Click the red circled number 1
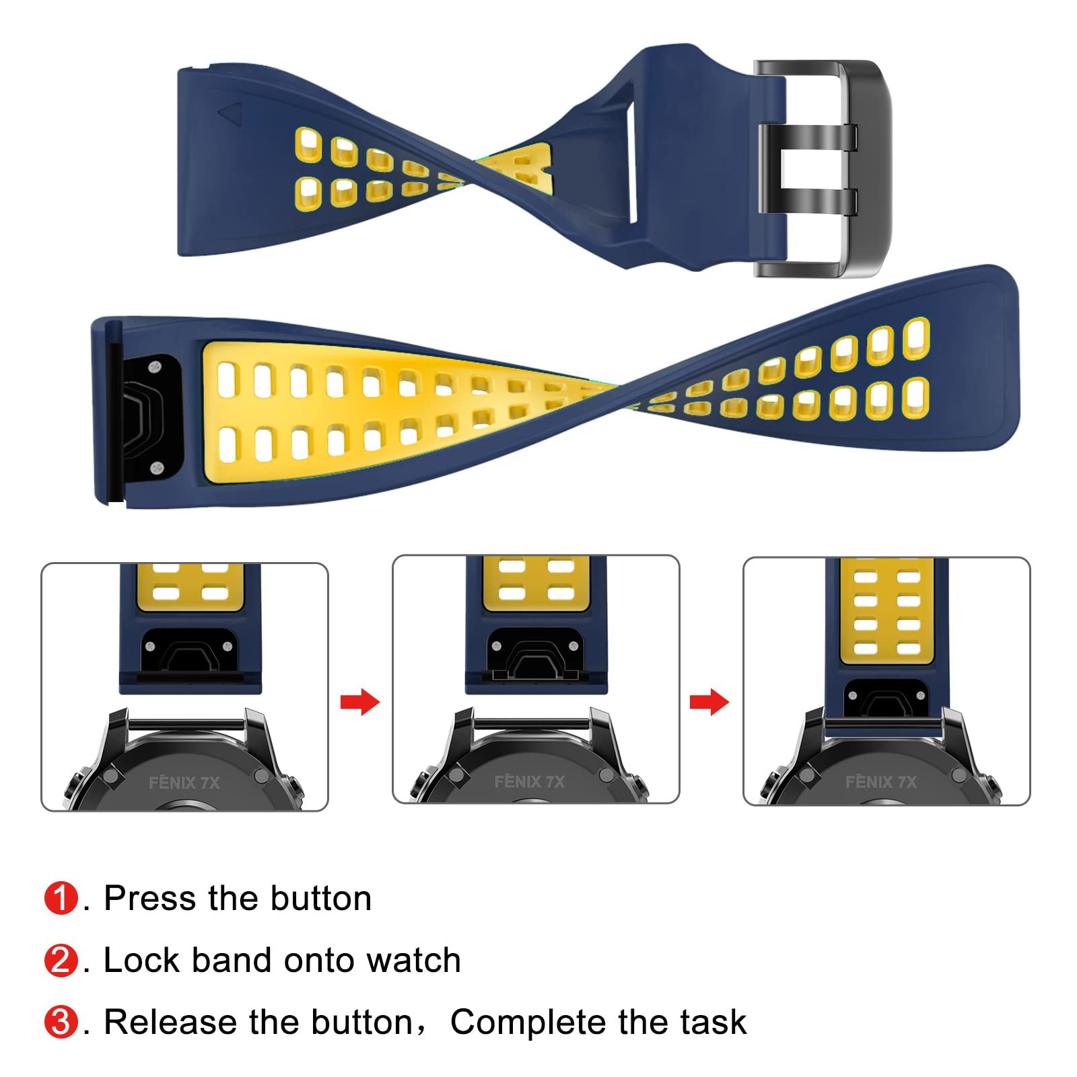(x=61, y=898)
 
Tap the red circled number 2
(x=61, y=960)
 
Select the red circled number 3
(x=61, y=1022)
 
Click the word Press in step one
(x=149, y=898)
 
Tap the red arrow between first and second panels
(x=360, y=702)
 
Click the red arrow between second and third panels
(x=709, y=702)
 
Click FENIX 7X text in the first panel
(x=184, y=782)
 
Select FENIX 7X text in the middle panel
(x=530, y=781)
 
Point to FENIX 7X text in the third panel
(x=881, y=781)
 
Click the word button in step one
(x=321, y=898)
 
